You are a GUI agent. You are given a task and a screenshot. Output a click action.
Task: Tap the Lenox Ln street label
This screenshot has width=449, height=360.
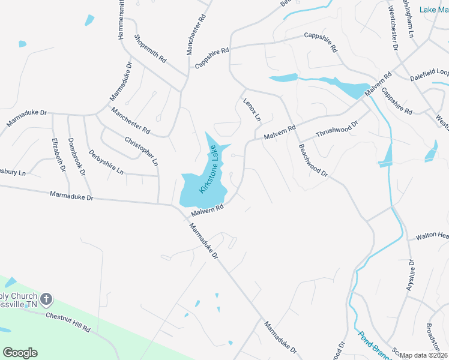click(x=252, y=109)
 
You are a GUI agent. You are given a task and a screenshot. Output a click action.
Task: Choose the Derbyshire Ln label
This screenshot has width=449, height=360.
click(x=106, y=162)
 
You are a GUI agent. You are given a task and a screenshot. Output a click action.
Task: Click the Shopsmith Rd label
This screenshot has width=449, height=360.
click(x=150, y=48)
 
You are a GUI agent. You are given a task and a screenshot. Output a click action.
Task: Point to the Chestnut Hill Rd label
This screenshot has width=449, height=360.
click(x=67, y=322)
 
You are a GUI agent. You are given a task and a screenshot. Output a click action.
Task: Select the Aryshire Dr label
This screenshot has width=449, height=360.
click(x=411, y=275)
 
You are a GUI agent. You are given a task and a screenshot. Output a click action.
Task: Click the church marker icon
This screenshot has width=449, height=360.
click(x=46, y=298)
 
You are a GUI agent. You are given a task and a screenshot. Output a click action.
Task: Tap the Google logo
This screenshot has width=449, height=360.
click(x=20, y=353)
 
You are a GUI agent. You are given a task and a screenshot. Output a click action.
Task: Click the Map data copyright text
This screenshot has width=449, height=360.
click(x=424, y=355)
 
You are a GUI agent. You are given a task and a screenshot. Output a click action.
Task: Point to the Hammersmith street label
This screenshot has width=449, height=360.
click(x=121, y=21)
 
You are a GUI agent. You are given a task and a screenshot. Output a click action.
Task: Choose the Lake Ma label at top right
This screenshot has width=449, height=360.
click(x=433, y=10)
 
